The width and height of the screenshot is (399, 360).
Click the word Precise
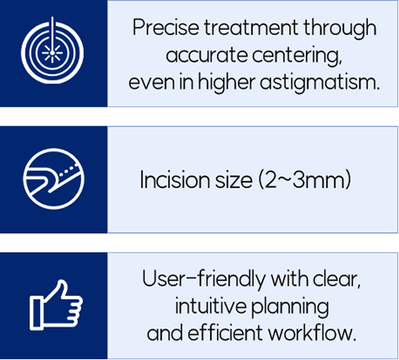[x=166, y=27]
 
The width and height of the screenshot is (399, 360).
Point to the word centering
[x=297, y=55]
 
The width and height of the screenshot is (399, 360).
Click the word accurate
[x=206, y=56]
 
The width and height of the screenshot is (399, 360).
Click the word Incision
[x=175, y=180]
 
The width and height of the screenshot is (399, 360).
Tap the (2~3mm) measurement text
[x=305, y=180]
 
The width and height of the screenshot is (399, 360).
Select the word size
[x=233, y=180]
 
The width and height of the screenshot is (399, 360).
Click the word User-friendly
[x=204, y=279]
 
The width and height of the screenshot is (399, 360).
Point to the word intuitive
[x=211, y=306]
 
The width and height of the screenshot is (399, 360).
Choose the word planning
[x=290, y=307]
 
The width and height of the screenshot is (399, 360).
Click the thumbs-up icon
[x=56, y=305]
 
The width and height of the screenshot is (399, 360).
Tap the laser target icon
[x=52, y=51]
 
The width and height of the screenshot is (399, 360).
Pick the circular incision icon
[x=53, y=178]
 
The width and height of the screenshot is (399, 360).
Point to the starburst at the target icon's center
[x=52, y=53]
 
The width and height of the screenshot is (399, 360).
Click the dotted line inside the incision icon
[x=68, y=170]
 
